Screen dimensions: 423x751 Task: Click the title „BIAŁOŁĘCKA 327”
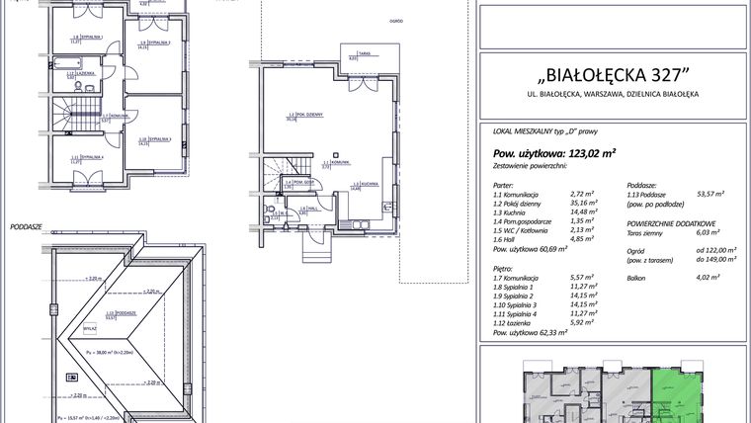613,76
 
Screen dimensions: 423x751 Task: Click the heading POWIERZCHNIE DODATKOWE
672,223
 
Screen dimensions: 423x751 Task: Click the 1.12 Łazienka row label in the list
518,322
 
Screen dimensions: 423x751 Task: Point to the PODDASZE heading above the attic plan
26,225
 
